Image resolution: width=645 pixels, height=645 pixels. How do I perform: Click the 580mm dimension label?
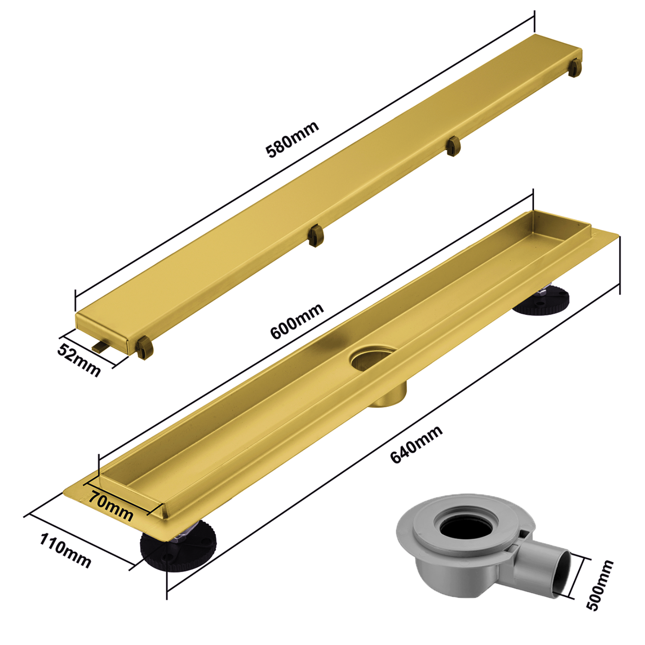[x=292, y=139]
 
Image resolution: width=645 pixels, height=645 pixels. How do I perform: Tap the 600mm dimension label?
[x=297, y=321]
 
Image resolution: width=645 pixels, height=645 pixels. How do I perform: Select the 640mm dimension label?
[x=416, y=445]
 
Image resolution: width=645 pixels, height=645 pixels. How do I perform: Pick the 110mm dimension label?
[x=65, y=551]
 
